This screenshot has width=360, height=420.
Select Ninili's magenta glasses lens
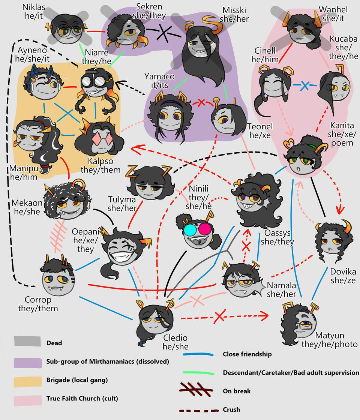(205, 228)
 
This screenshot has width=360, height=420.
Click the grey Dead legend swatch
(27, 342)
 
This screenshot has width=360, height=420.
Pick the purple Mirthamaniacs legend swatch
(27, 362)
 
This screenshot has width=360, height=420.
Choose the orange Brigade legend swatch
(27, 381)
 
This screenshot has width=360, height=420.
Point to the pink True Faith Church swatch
(27, 400)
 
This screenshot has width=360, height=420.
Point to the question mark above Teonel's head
(216, 101)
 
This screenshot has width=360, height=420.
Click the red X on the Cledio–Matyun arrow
(219, 317)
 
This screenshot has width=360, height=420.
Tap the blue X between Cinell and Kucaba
(305, 86)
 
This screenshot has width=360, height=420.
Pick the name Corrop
(38, 300)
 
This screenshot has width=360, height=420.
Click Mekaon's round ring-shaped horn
(79, 184)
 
